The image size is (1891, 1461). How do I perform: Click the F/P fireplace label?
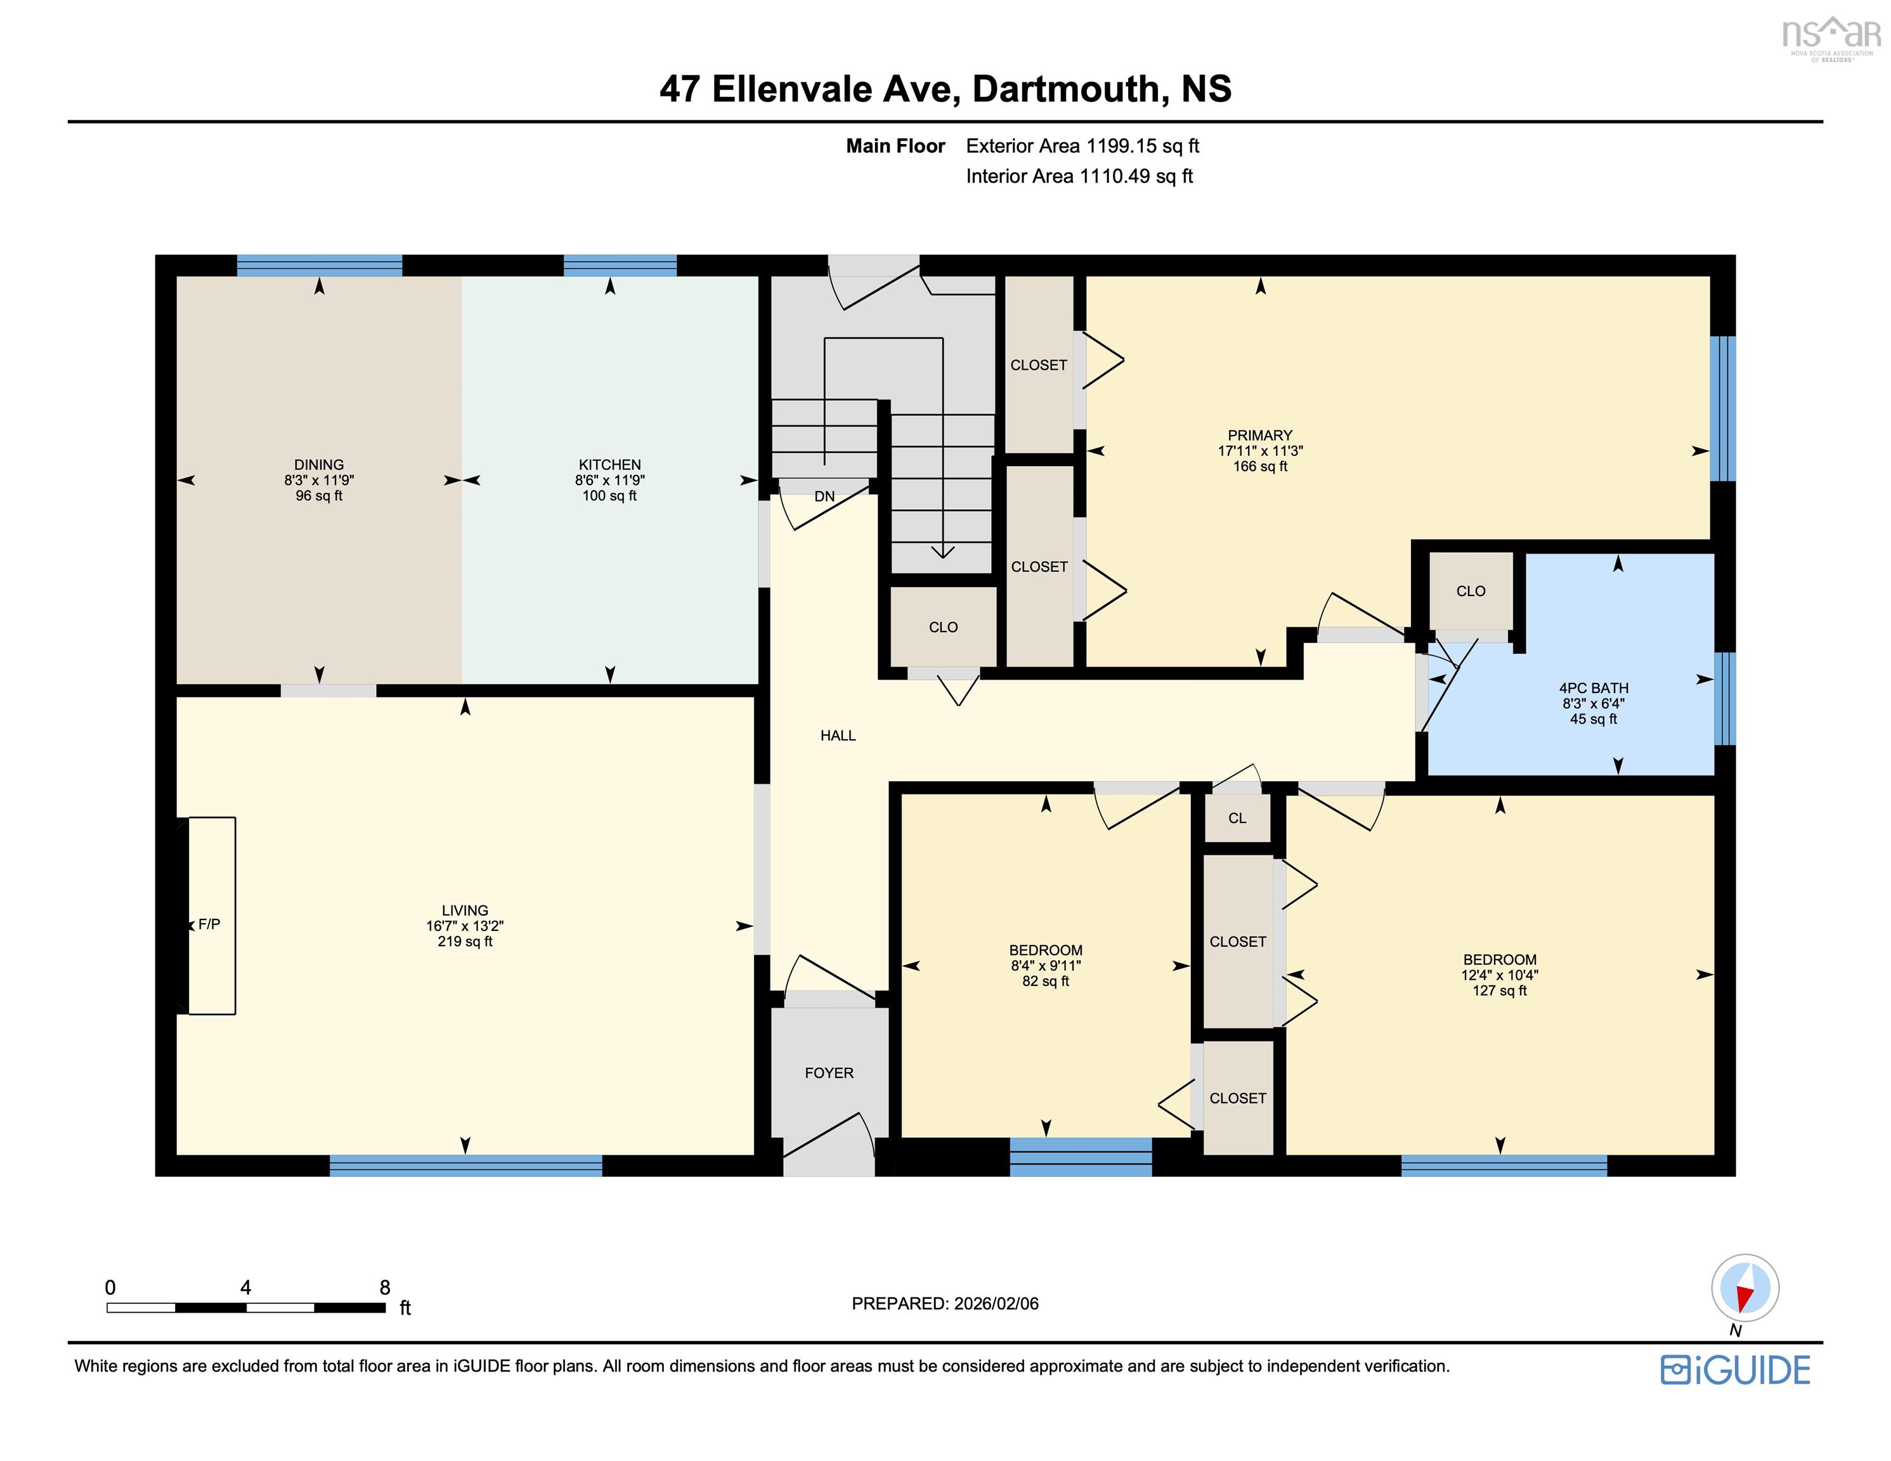click(209, 924)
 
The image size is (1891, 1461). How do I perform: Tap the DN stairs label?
click(824, 497)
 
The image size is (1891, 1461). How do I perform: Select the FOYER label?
click(829, 1073)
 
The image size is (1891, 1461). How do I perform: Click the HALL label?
click(837, 736)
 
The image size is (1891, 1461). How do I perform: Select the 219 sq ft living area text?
click(465, 942)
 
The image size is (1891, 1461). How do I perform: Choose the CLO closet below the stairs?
click(943, 627)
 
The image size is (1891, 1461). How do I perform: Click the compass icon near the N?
click(1745, 1288)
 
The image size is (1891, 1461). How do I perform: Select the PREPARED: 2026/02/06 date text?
click(945, 1303)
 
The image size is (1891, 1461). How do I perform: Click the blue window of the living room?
click(466, 1166)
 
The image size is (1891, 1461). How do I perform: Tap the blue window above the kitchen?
click(620, 265)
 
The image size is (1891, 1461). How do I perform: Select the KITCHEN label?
click(609, 465)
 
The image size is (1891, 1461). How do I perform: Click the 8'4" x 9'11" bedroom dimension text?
click(1045, 966)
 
